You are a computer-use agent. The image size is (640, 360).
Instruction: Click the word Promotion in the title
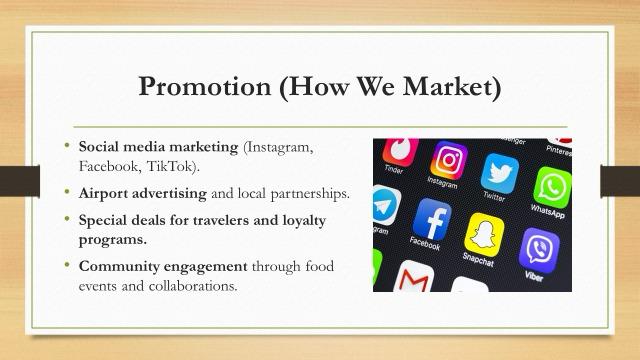pos(204,87)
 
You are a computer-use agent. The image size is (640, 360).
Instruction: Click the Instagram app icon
pos(449,160)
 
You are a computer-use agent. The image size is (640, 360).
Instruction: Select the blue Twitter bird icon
pos(500,173)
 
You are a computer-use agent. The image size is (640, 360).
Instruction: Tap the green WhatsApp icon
pos(552,187)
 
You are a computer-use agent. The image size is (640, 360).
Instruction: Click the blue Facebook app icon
pos(432,219)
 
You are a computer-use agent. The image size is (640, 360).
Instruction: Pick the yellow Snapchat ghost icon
pos(484,235)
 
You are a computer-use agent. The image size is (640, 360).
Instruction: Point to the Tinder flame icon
pos(400,151)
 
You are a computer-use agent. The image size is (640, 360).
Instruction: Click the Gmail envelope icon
pos(413,278)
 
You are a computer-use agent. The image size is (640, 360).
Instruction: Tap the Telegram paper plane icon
pos(385,205)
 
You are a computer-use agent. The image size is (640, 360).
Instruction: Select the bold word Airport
pos(103,193)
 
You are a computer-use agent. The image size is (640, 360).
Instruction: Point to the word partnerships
pos(309,194)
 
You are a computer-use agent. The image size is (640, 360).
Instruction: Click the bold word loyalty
pos(304,221)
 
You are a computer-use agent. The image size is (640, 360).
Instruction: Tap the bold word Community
pos(119,267)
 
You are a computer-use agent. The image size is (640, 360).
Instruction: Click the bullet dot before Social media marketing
pos(67,144)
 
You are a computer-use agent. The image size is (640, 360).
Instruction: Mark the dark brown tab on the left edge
pos(20,181)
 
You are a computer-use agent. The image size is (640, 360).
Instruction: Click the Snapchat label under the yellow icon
pos(478,260)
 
